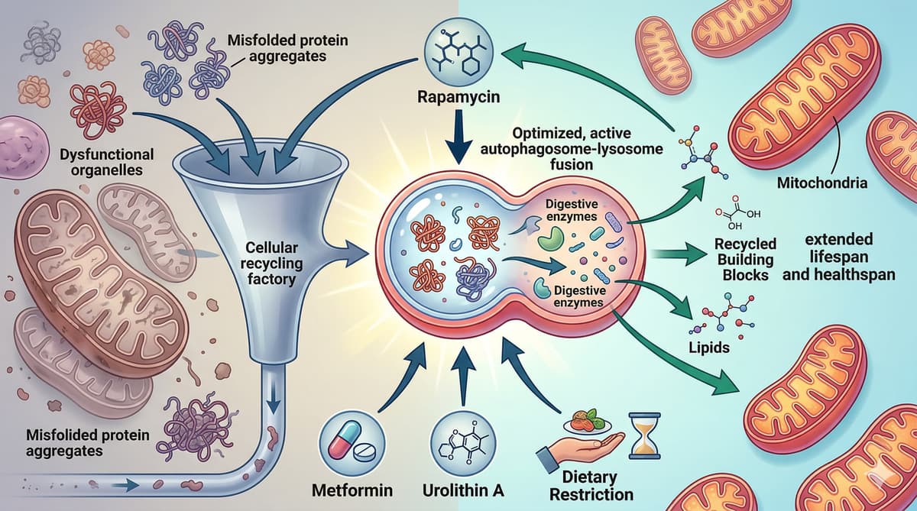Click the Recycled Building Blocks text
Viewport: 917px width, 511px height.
pyautogui.click(x=745, y=258)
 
